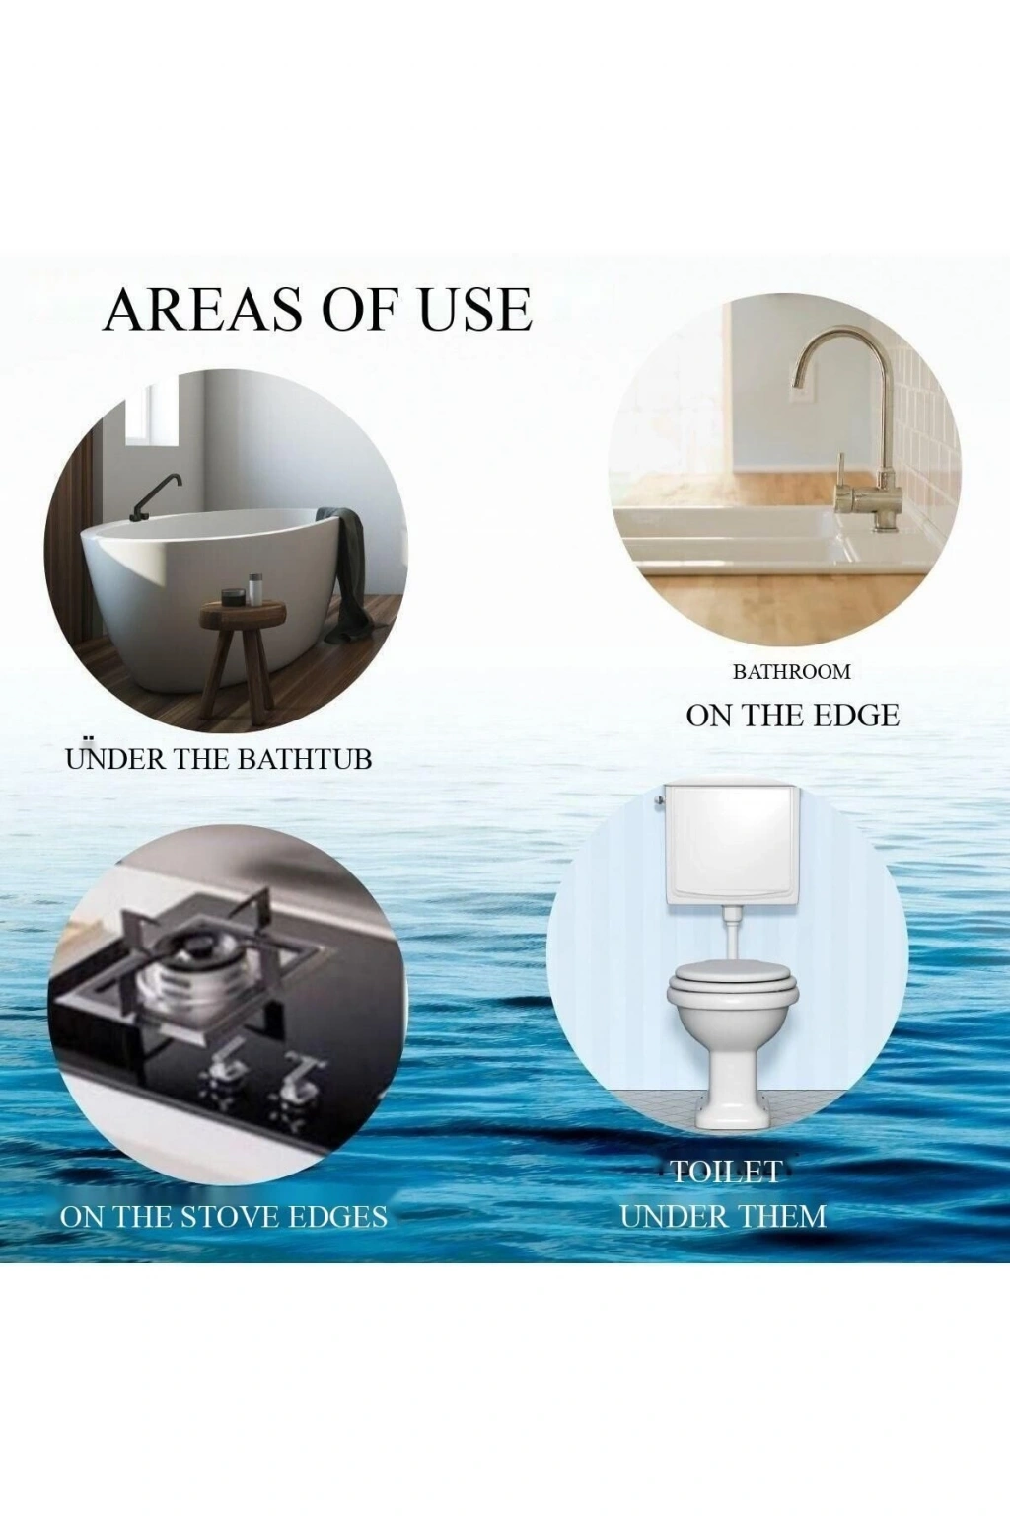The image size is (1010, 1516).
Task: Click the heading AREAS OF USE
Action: [x=318, y=309]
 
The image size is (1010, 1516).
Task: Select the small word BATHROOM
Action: [x=792, y=672]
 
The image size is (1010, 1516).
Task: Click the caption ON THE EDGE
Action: [x=793, y=716]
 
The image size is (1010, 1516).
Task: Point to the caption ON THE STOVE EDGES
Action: [x=223, y=1217]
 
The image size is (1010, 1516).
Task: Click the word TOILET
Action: [x=725, y=1173]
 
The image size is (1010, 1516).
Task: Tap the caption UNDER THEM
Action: [x=723, y=1216]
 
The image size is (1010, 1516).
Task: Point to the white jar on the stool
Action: [x=255, y=588]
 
